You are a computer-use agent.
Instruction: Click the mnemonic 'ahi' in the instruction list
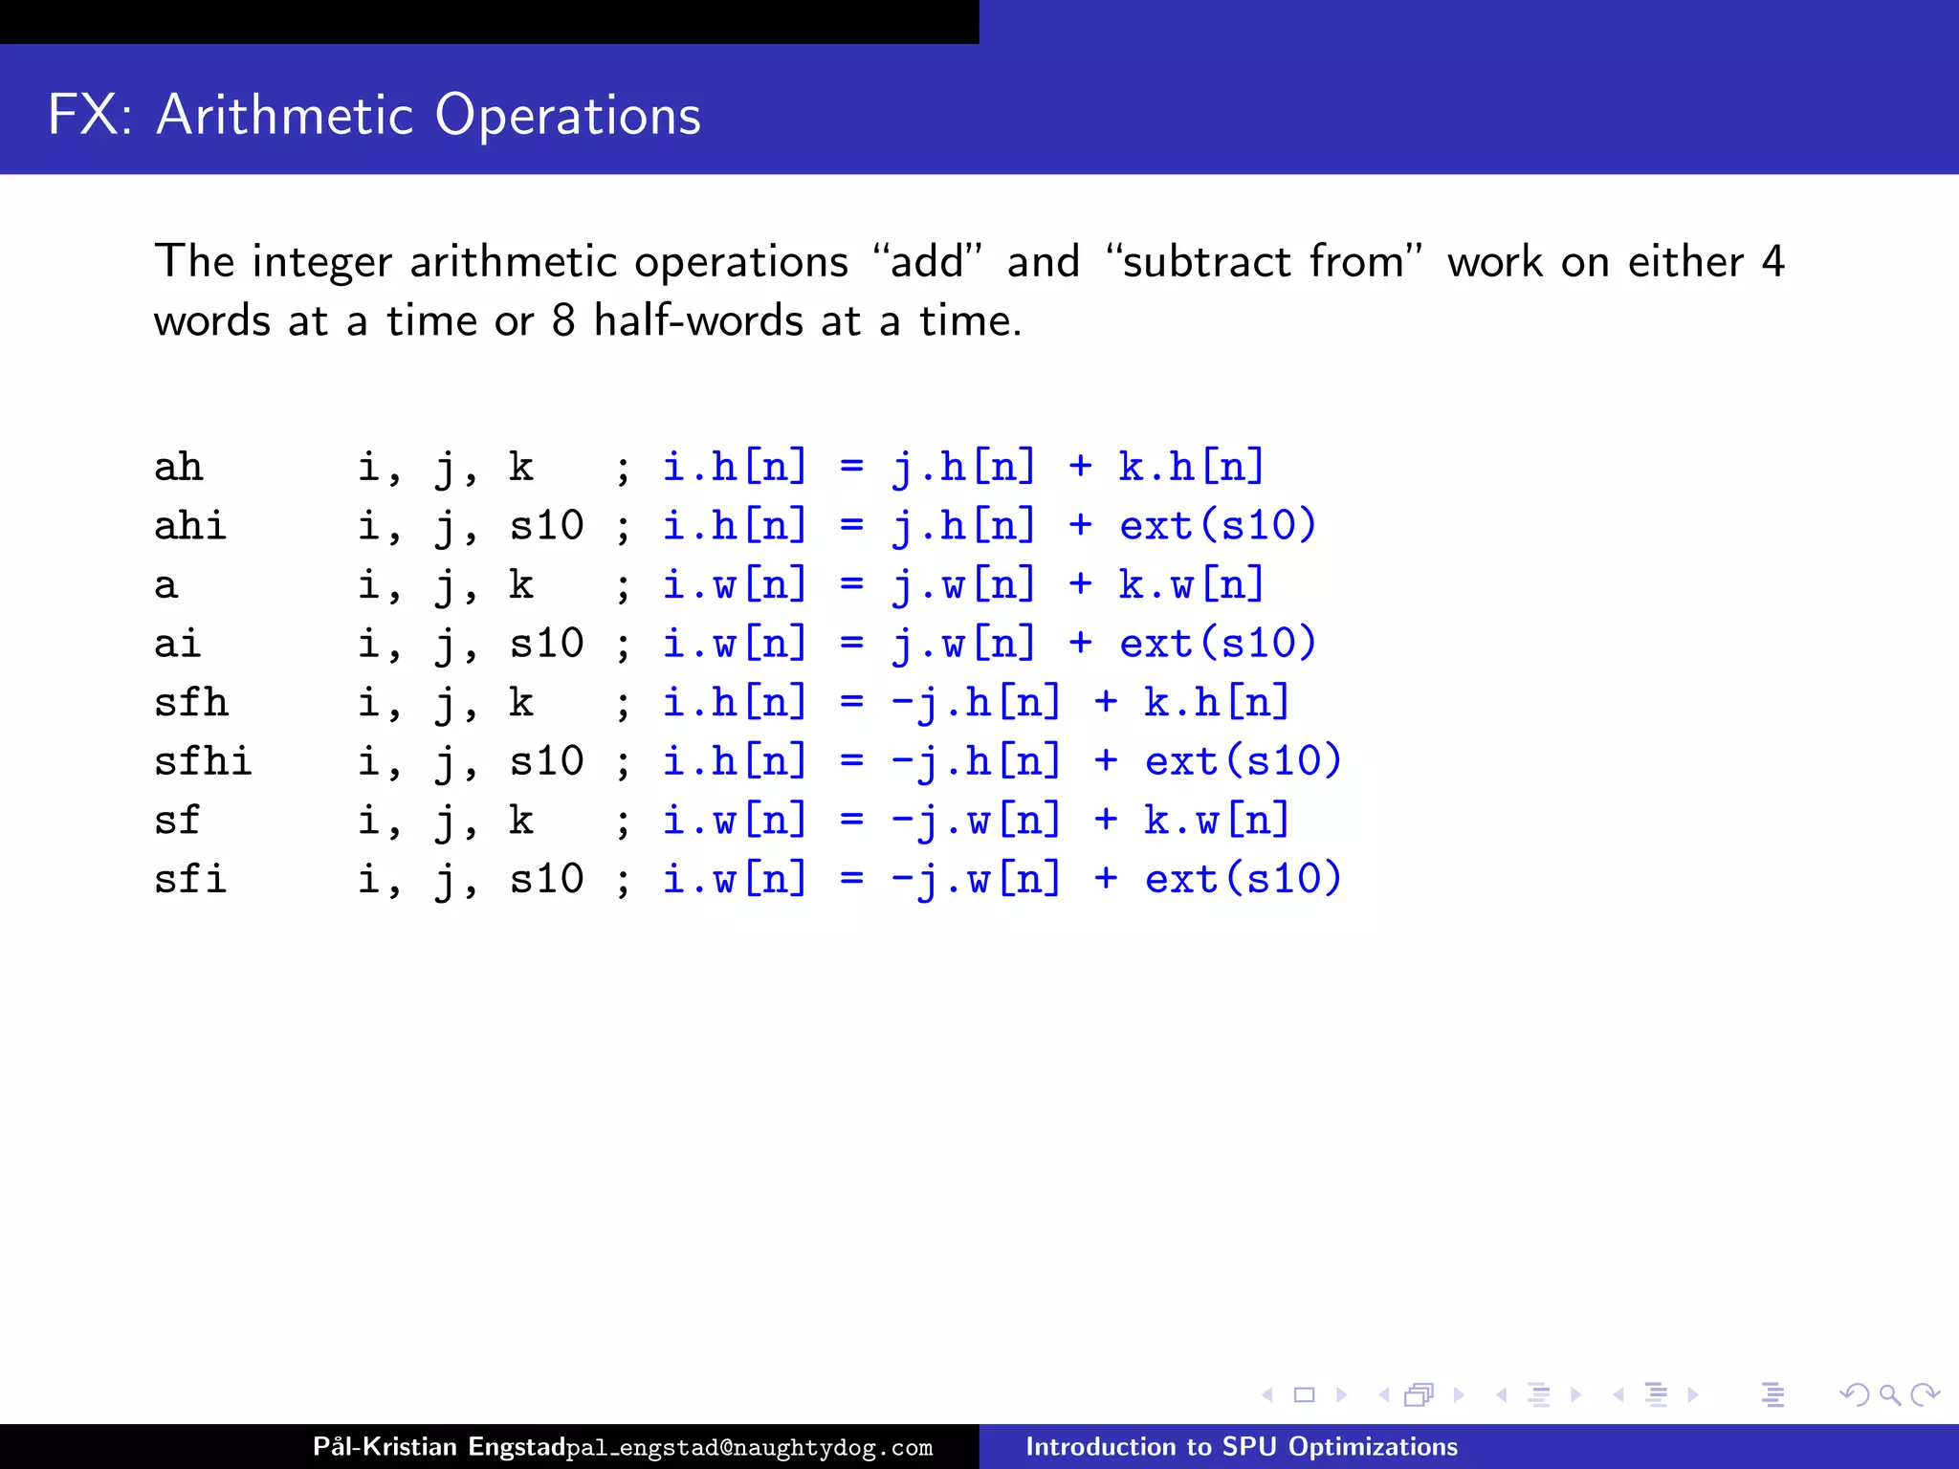190,526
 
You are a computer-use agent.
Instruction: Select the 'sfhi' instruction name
203,761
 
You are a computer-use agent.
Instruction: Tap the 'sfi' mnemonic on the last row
190,879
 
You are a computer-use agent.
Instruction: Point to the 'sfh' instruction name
190,703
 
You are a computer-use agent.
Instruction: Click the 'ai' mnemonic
178,644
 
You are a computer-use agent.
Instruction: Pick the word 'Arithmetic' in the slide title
285,115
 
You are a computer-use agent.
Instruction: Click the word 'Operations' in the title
568,115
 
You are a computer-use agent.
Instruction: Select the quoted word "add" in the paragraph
927,262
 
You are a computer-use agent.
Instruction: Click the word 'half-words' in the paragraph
698,320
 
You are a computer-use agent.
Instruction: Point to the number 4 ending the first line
1772,262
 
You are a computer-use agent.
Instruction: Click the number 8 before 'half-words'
563,320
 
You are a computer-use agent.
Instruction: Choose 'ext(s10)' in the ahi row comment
1218,526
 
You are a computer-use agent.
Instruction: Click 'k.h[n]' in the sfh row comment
1218,703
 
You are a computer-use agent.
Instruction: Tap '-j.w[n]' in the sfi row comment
976,879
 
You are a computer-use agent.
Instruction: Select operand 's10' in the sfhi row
546,761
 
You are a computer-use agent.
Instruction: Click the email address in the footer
750,1448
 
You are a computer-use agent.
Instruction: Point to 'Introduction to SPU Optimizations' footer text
1242,1447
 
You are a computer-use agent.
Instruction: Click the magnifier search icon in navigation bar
1889,1395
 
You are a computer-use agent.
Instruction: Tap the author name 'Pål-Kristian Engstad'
439,1447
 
